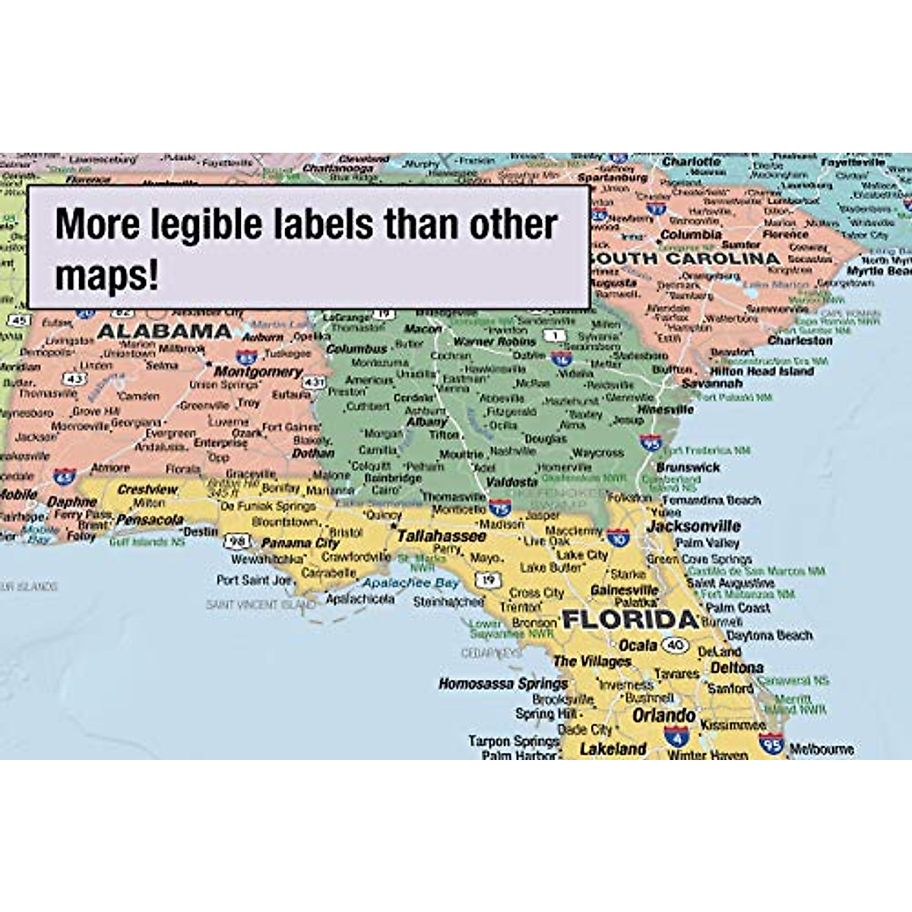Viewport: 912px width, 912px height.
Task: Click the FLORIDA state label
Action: pos(630,619)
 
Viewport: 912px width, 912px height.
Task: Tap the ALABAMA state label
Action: pos(164,331)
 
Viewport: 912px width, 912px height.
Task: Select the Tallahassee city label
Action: pos(441,536)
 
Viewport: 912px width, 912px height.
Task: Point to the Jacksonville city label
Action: pos(693,526)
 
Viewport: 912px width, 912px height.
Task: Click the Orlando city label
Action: pos(663,716)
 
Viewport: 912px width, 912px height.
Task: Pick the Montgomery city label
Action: pos(258,372)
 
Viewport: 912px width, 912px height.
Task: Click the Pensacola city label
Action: pos(150,521)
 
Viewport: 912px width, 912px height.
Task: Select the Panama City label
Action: pos(300,543)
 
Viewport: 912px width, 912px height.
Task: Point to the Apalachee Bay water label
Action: pos(410,583)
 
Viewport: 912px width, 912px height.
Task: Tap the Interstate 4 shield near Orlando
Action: pos(676,735)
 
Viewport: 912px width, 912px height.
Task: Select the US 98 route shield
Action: pos(237,540)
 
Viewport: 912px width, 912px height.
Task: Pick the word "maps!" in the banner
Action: pos(106,275)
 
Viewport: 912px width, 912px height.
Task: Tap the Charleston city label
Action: pos(800,341)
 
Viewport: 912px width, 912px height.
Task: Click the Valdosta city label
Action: pos(511,482)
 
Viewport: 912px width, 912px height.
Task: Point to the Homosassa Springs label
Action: pos(503,684)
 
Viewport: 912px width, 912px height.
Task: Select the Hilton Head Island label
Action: pos(762,372)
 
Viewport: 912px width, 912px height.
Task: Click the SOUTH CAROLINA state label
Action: pos(684,258)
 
